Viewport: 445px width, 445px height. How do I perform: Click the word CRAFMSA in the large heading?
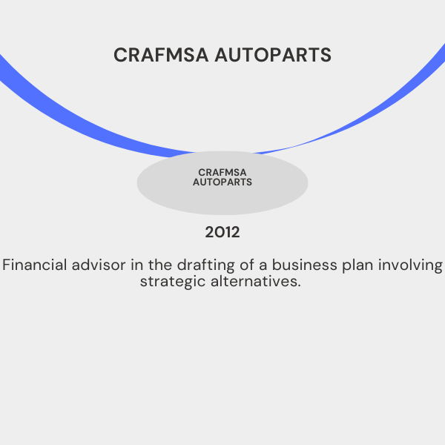click(161, 55)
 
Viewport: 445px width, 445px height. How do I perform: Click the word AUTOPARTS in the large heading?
click(273, 55)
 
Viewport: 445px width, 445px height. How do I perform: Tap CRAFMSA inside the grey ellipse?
click(222, 172)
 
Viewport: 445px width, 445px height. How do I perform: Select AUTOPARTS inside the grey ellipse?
click(222, 182)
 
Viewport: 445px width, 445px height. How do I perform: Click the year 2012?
click(222, 232)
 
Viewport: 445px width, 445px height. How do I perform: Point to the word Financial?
click(35, 265)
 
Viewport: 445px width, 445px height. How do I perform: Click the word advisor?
click(99, 265)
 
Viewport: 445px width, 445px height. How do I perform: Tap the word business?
click(305, 265)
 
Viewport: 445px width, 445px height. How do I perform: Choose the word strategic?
click(173, 283)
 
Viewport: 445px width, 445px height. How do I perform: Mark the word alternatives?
click(254, 281)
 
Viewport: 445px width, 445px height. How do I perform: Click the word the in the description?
click(160, 265)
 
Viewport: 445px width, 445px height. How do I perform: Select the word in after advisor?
click(136, 265)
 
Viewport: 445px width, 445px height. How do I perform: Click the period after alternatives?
click(299, 286)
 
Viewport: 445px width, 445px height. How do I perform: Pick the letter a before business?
click(263, 266)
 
